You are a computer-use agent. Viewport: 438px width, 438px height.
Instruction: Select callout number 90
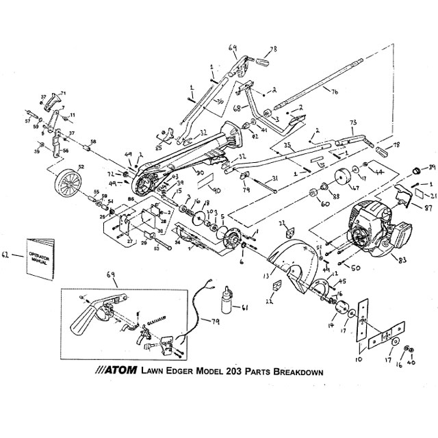coord(214,190)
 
